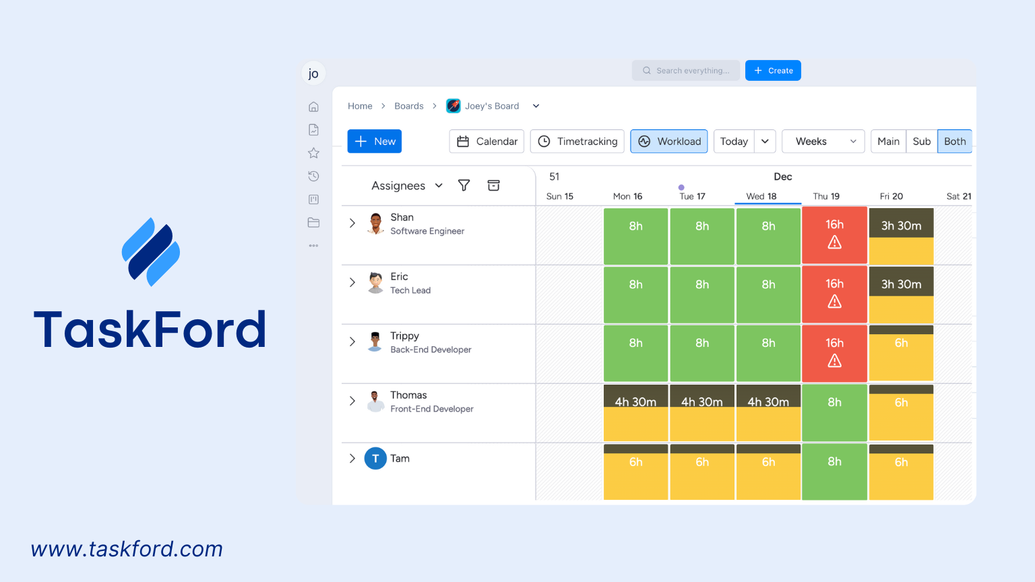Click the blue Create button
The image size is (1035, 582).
(x=773, y=71)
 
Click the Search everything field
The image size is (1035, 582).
(x=686, y=71)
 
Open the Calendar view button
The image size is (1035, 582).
(x=487, y=141)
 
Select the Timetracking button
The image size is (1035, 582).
(x=577, y=141)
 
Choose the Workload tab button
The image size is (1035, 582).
(x=669, y=141)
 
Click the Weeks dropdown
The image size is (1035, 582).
(x=823, y=141)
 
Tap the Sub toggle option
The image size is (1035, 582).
(x=921, y=141)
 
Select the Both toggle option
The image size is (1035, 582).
(x=954, y=141)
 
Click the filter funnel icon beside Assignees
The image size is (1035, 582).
(x=464, y=185)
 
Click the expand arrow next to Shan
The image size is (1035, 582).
(x=352, y=223)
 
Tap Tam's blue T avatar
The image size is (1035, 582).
(x=375, y=459)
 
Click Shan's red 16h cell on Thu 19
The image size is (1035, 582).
(x=834, y=236)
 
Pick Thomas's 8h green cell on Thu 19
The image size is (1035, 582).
(x=834, y=413)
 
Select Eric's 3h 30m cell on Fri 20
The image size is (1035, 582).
(x=901, y=294)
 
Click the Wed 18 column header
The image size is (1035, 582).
(x=761, y=196)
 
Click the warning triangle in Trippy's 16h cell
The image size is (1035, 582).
(x=834, y=362)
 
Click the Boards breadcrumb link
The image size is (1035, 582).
(x=409, y=106)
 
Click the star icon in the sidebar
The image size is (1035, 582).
(x=313, y=153)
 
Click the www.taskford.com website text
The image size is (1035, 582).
(x=127, y=549)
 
